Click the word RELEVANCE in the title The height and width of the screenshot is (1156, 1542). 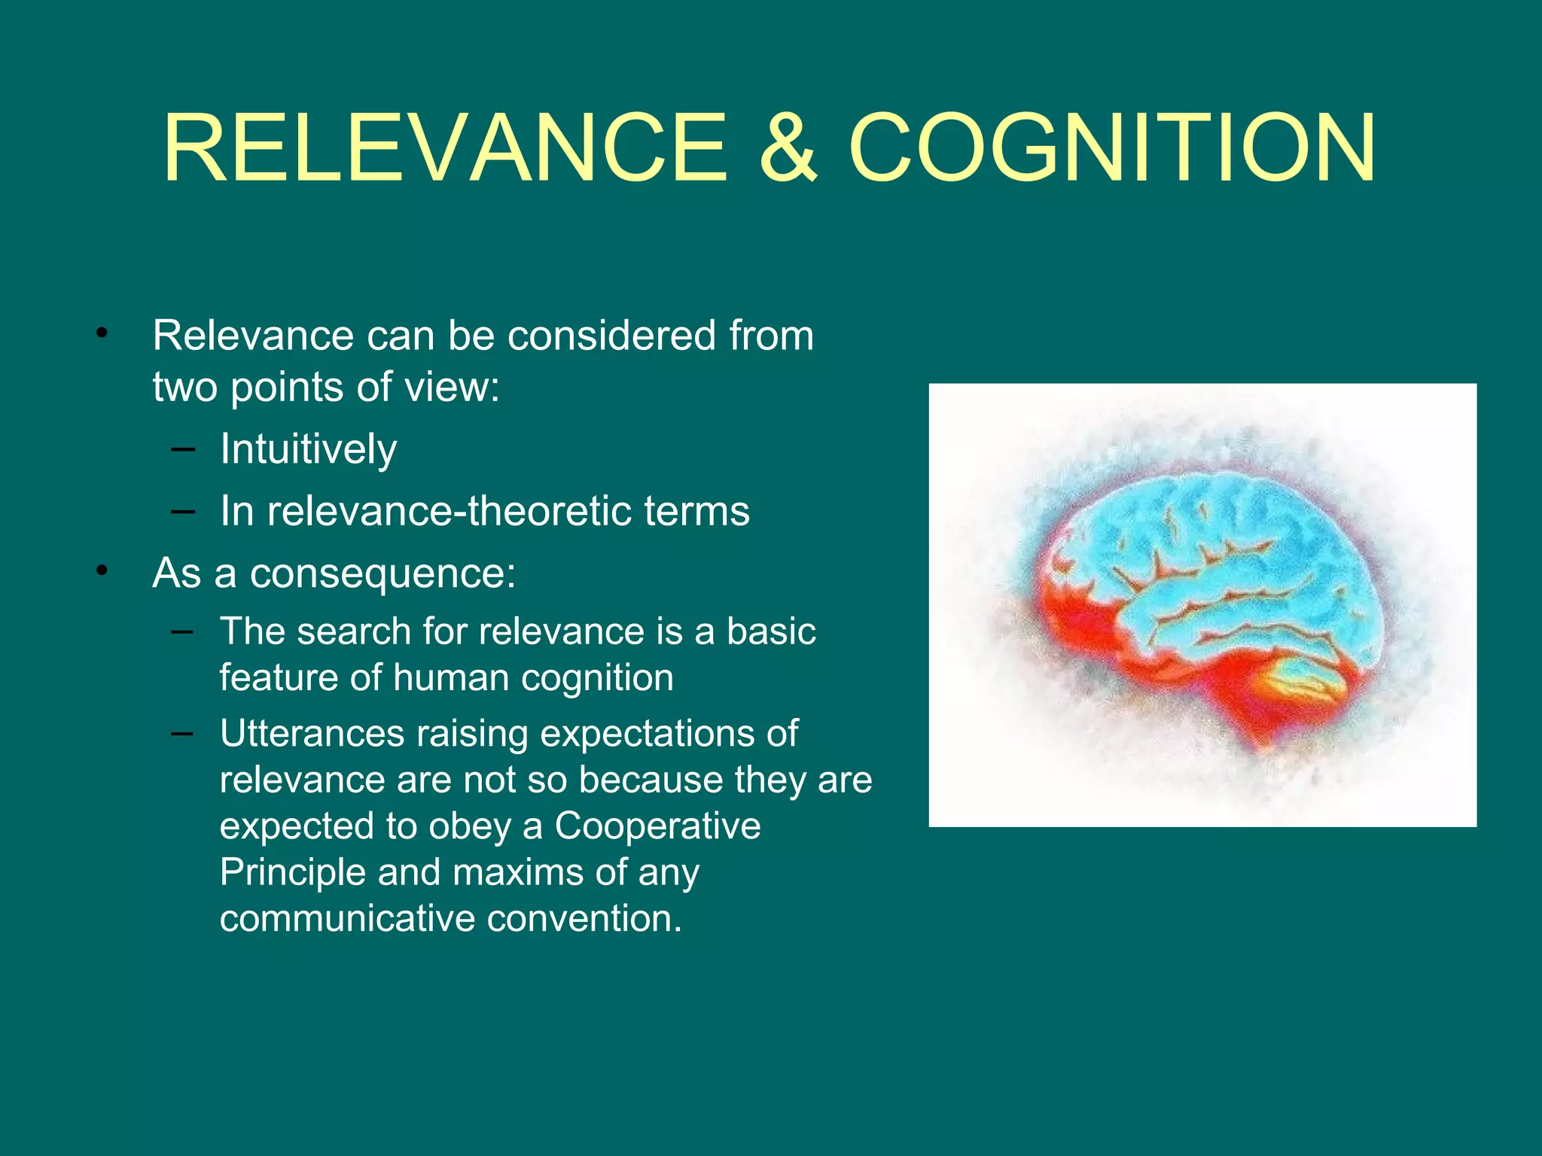444,148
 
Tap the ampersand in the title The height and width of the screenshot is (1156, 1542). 788,148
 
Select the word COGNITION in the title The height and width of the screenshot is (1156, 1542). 1113,148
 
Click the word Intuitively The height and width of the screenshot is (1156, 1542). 308,449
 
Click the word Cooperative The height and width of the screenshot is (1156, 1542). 657,826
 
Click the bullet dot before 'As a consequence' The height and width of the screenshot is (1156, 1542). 102,571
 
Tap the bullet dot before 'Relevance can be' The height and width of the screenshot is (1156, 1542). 102,333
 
